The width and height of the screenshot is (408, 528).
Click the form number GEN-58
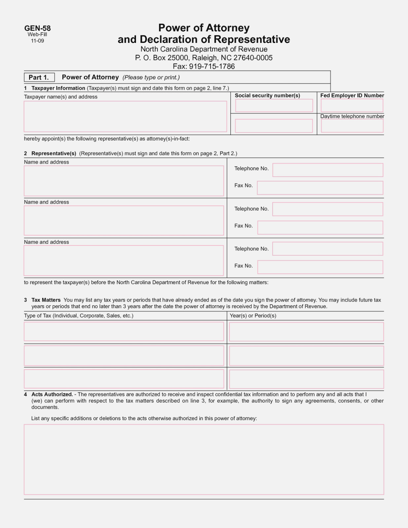pos(37,28)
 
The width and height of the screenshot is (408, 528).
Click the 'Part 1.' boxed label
pos(39,78)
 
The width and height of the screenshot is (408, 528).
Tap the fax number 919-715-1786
pos(212,66)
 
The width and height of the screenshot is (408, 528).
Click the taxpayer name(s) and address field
pos(125,116)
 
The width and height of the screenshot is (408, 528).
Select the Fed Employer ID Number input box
pos(352,106)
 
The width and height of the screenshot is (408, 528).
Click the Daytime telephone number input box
pos(352,126)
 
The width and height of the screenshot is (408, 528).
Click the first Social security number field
pos(274,106)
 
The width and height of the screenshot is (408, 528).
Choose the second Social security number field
pos(274,126)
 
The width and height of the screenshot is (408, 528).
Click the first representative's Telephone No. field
pos(327,170)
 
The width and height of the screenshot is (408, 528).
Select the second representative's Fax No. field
pos(320,228)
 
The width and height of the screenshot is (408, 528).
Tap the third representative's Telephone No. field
pos(327,249)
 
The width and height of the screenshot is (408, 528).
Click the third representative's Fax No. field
pos(320,267)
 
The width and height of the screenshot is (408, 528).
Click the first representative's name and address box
pos(124,181)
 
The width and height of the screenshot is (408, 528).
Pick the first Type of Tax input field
pos(124,331)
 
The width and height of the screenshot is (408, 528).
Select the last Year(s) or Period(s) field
pos(306,379)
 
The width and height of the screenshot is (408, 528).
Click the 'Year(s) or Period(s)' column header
pos(253,316)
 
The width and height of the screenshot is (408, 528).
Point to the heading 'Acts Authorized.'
pos(52,394)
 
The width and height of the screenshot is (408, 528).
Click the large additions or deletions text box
pos(204,459)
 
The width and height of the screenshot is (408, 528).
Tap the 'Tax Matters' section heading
pos(46,300)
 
